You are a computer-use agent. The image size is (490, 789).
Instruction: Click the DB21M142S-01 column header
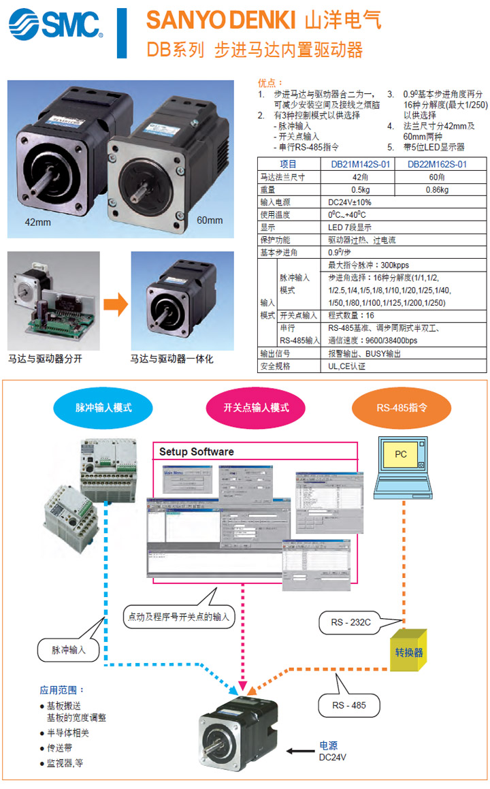pyautogui.click(x=361, y=164)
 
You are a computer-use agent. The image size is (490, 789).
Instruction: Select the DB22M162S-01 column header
pyautogui.click(x=437, y=164)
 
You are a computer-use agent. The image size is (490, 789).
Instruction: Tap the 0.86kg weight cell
pyautogui.click(x=437, y=190)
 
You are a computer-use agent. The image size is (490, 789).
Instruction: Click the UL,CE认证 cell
pyautogui.click(x=347, y=366)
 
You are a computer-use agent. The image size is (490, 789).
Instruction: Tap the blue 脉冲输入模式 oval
pyautogui.click(x=103, y=408)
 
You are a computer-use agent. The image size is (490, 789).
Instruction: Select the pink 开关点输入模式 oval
pyautogui.click(x=256, y=408)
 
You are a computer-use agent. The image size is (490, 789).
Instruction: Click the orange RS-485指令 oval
pyautogui.click(x=402, y=408)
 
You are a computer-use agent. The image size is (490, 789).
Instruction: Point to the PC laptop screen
pyautogui.click(x=401, y=453)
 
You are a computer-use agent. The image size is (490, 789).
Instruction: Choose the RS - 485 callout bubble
pyautogui.click(x=348, y=705)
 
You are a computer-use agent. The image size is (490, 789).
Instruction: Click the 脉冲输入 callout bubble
pyautogui.click(x=69, y=650)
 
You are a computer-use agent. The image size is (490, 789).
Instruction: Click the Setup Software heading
pyautogui.click(x=197, y=451)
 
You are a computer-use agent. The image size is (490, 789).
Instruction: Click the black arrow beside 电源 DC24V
pyautogui.click(x=298, y=752)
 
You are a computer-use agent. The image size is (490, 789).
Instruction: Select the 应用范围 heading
pyautogui.click(x=63, y=690)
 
